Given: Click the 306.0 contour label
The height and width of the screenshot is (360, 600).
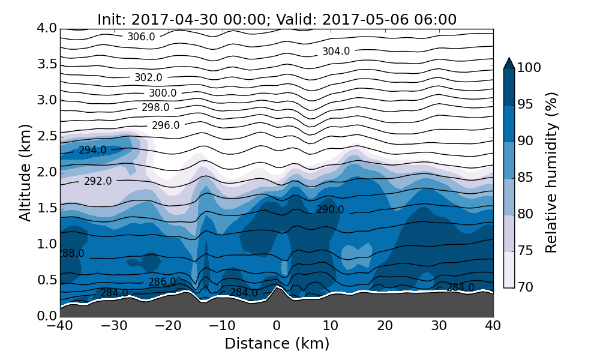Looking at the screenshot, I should coord(141,37).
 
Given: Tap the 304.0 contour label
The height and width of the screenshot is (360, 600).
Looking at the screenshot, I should coord(336,52).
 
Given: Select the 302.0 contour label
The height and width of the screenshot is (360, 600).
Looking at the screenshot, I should coord(148,77).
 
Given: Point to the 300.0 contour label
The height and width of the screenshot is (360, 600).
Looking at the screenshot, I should coord(163,93).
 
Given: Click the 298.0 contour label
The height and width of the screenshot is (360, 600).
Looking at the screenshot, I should coord(155,108).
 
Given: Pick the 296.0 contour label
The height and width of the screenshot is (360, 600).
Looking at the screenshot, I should coord(166,125).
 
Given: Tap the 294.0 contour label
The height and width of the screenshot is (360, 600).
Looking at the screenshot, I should coord(92,150).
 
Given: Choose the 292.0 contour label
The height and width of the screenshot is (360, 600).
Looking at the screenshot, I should coord(98,181).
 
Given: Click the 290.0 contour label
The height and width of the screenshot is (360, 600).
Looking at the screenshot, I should coord(330,209).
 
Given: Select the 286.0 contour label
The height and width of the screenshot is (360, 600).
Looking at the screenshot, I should coord(162,282).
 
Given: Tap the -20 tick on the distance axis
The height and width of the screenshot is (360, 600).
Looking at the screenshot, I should coord(168,326).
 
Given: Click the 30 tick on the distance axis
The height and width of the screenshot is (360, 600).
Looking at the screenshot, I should coord(439,326).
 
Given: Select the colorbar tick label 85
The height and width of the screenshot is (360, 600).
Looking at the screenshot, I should coord(526,178).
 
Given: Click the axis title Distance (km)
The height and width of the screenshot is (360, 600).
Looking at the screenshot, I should coord(277,344).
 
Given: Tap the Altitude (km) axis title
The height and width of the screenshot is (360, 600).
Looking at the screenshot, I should coord(25,172).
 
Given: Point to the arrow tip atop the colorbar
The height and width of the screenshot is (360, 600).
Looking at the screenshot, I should coord(509,59).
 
